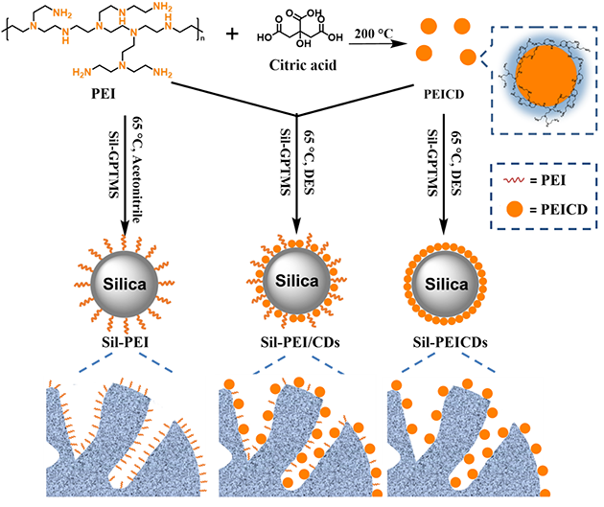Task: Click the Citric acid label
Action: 298,71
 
